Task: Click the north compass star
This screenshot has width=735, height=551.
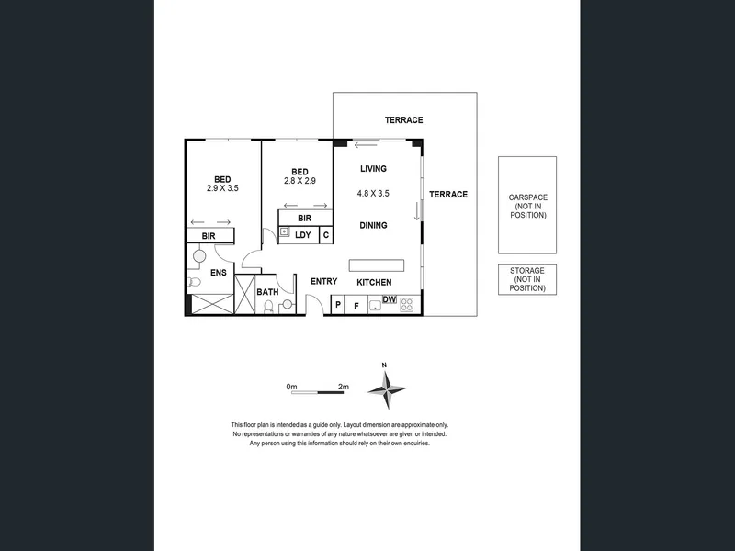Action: point(387,389)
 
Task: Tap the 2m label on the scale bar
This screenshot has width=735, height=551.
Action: point(344,387)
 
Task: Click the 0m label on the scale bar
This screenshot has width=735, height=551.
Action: point(291,387)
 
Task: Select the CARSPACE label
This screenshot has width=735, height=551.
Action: point(527,197)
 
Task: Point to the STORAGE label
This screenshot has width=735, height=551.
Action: point(527,270)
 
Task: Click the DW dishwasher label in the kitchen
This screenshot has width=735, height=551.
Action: point(390,299)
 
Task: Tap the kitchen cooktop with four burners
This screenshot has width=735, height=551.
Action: point(406,305)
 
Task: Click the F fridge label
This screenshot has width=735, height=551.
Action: point(356,306)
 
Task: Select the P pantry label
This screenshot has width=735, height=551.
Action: point(338,305)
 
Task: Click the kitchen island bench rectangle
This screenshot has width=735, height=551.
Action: point(377,265)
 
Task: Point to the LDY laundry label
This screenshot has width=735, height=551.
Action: point(303,235)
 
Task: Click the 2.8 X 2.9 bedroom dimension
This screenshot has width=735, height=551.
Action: point(300,180)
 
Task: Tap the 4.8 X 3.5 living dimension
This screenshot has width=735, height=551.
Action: point(373,193)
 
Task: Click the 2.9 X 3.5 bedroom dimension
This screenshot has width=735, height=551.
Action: point(222,188)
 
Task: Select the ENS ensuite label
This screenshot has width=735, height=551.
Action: point(219,272)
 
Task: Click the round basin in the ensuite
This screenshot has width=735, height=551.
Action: point(199,256)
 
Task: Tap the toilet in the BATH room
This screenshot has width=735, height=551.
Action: point(268,307)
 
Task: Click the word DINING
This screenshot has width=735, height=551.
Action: point(373,225)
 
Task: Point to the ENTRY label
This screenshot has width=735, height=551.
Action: point(324,281)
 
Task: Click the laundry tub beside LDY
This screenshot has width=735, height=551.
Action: point(285,232)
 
